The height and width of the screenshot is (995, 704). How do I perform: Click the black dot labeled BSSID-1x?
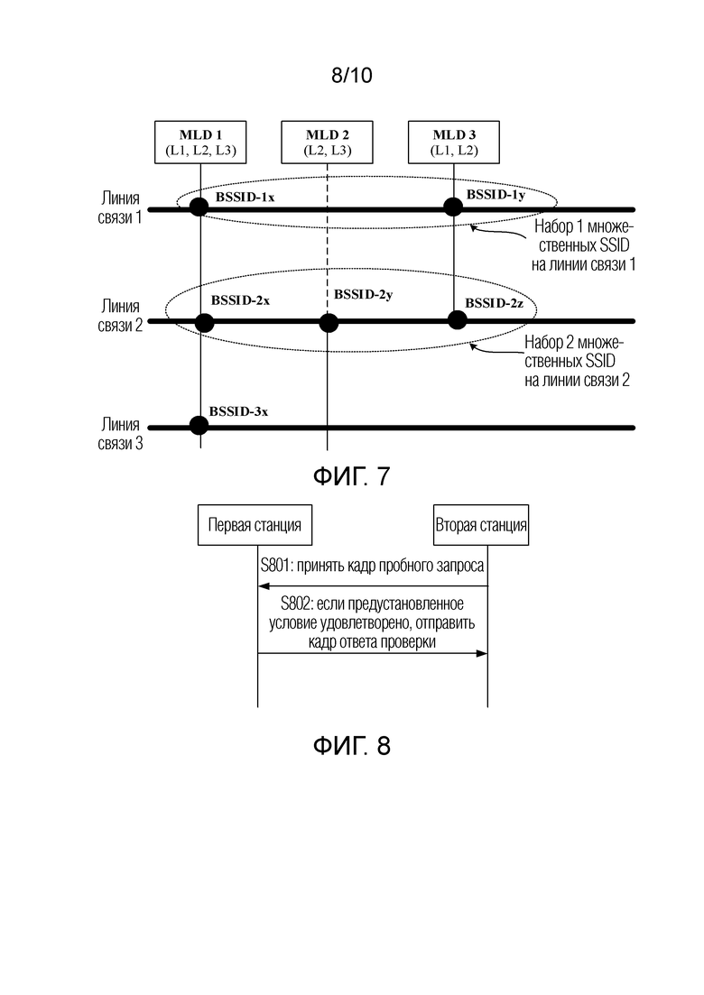click(x=199, y=207)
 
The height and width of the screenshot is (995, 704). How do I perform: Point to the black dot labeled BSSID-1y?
click(x=452, y=207)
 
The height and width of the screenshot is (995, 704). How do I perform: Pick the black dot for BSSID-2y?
click(x=329, y=323)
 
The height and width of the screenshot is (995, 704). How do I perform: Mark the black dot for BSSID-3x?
click(x=199, y=425)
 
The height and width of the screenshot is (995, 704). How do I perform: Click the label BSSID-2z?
click(x=494, y=303)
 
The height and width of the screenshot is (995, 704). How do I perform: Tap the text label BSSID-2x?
click(x=240, y=300)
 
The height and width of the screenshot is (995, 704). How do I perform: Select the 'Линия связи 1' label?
click(x=119, y=207)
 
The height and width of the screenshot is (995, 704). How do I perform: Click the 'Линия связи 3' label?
click(x=120, y=433)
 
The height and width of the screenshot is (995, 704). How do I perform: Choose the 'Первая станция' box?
click(x=255, y=525)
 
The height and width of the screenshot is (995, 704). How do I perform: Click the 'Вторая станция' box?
click(x=480, y=525)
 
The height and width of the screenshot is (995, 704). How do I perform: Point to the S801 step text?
click(x=372, y=566)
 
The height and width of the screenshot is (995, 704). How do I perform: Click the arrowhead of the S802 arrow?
click(x=483, y=653)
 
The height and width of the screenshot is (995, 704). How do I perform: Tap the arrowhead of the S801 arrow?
click(x=263, y=586)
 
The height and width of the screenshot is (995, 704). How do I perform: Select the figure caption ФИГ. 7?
click(x=352, y=476)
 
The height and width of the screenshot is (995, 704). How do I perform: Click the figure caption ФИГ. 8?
click(x=352, y=745)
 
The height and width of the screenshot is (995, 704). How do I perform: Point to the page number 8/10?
click(x=352, y=76)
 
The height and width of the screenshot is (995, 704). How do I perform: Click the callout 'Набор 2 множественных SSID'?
click(x=577, y=361)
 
